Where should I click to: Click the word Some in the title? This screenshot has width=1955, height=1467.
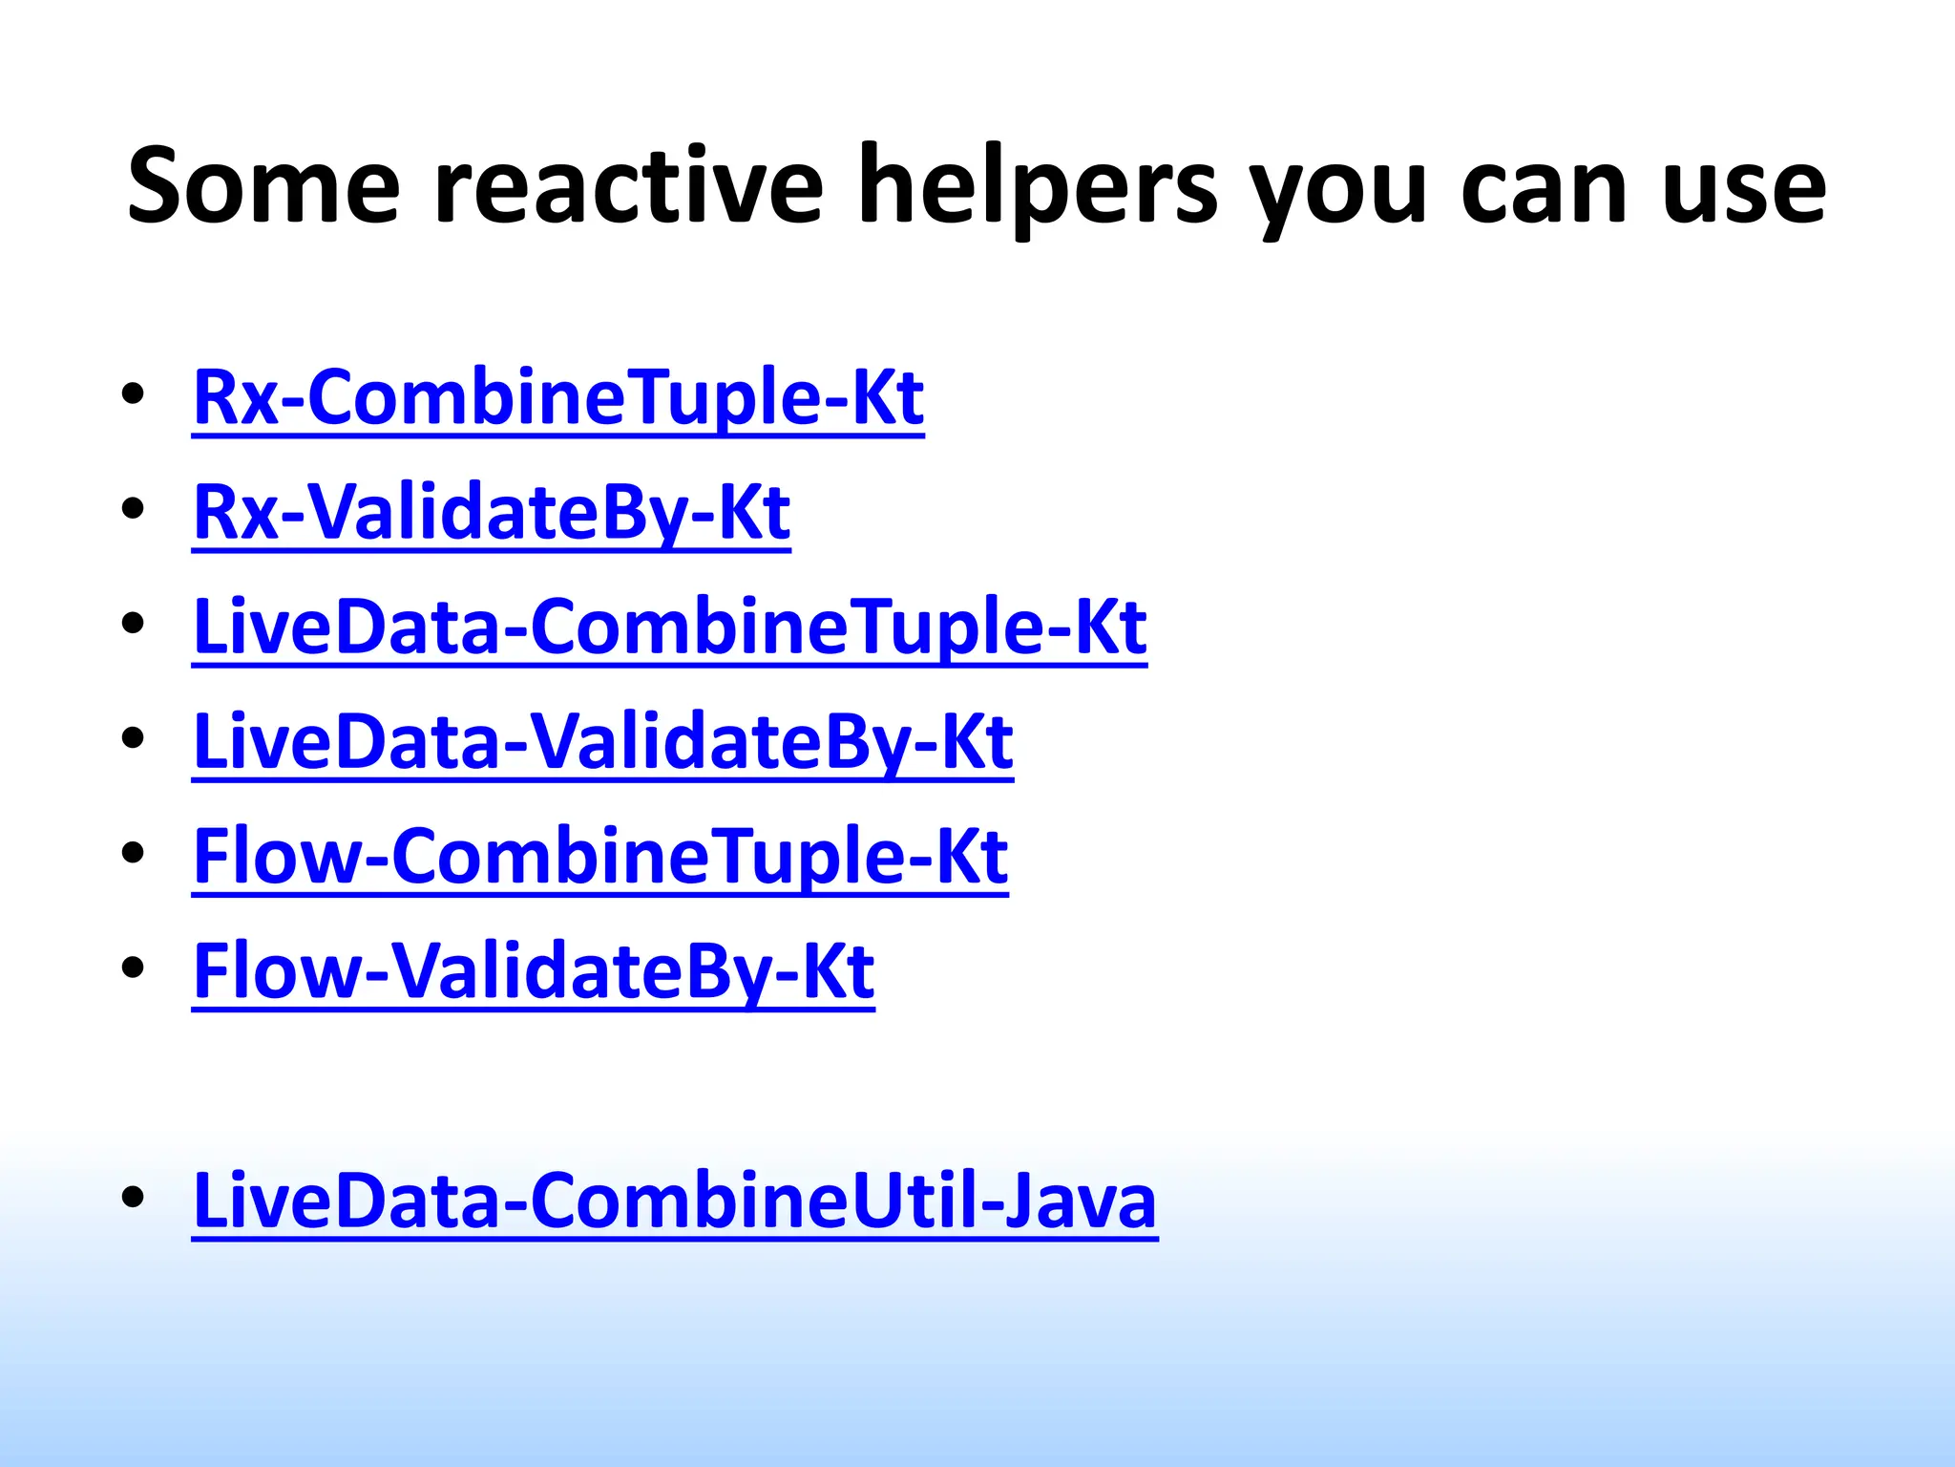tap(263, 186)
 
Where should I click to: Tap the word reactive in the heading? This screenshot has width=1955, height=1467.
tap(628, 186)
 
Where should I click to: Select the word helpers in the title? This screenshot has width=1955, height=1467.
tap(1038, 186)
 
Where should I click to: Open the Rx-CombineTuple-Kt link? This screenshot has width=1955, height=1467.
tap(558, 398)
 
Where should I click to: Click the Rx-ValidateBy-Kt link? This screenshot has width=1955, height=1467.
tap(492, 513)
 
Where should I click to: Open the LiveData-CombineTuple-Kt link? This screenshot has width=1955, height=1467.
tap(669, 627)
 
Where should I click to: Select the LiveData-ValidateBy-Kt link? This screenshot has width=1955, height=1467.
tap(602, 742)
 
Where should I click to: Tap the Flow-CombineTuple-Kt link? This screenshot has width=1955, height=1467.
tap(599, 857)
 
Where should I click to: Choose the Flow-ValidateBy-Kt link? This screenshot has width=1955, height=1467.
tap(533, 971)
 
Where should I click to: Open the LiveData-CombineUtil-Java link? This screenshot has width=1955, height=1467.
tap(674, 1201)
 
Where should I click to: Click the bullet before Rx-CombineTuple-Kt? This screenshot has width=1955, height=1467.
tap(133, 393)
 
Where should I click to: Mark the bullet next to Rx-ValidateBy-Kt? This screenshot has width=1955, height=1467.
tap(133, 508)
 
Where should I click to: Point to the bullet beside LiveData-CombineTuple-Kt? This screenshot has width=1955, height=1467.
tap(133, 623)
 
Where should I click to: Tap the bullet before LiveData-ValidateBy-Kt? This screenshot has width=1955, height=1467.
tap(133, 737)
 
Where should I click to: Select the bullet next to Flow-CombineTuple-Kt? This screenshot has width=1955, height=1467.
tap(133, 852)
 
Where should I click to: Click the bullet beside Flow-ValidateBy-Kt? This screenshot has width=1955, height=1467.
tap(133, 967)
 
